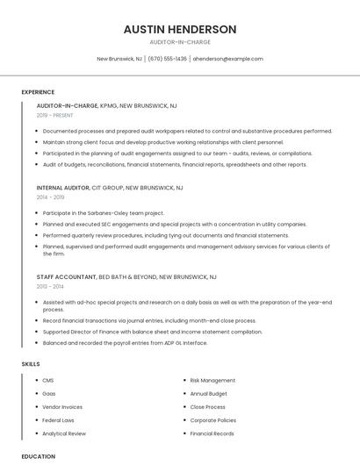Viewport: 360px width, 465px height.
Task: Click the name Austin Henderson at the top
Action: [180, 29]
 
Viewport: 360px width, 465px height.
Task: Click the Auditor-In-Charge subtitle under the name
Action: [180, 41]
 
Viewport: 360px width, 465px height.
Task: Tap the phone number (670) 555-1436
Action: [167, 59]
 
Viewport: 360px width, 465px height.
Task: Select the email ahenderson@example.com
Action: [227, 59]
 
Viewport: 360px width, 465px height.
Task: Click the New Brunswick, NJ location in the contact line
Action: [119, 59]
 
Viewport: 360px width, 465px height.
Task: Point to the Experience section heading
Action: [38, 92]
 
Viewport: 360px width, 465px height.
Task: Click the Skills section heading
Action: [31, 363]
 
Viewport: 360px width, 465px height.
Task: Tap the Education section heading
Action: [39, 456]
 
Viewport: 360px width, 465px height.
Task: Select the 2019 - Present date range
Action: [55, 115]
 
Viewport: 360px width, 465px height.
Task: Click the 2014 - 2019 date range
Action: [50, 197]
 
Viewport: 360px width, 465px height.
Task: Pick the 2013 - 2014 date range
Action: [50, 286]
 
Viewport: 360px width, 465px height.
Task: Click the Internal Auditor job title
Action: [62, 188]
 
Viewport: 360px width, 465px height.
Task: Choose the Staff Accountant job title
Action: [67, 276]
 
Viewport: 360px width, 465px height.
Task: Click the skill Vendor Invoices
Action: [62, 407]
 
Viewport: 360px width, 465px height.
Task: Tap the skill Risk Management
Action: [212, 381]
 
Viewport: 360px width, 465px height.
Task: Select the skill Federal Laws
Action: [58, 420]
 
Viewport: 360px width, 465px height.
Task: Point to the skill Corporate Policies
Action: [212, 420]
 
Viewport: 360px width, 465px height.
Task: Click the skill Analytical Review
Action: [64, 433]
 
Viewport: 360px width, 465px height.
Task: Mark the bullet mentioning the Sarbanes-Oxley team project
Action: [104, 213]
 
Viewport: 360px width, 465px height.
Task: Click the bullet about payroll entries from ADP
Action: [125, 342]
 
